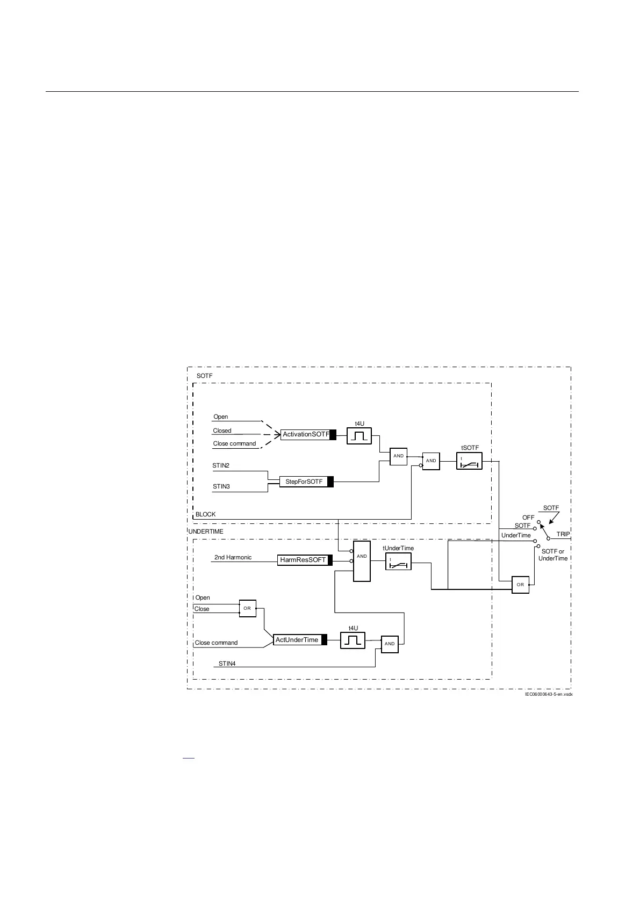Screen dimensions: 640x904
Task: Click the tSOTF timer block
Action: pyautogui.click(x=469, y=461)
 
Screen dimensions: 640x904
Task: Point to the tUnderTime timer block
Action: pyautogui.click(x=398, y=562)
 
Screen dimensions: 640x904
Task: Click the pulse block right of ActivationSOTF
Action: pyautogui.click(x=359, y=436)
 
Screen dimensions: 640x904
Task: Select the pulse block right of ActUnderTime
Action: pyautogui.click(x=353, y=640)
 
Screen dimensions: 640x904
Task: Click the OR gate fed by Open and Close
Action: pyautogui.click(x=247, y=608)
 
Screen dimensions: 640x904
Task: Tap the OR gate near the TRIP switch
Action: pyautogui.click(x=520, y=585)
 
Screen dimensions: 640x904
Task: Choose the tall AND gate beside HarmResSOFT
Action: pyautogui.click(x=362, y=561)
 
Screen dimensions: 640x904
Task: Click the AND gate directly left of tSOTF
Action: pyautogui.click(x=431, y=461)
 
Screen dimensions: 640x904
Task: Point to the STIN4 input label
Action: pyautogui.click(x=227, y=664)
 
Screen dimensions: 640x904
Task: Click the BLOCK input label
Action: pyautogui.click(x=205, y=514)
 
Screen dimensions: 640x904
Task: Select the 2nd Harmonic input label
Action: pyautogui.click(x=233, y=557)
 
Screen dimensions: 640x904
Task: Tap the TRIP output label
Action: pyautogui.click(x=563, y=534)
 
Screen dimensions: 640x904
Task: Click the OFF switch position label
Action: pyautogui.click(x=528, y=517)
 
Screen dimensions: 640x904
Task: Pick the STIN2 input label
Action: pyautogui.click(x=221, y=465)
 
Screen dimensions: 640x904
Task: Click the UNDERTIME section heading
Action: pyautogui.click(x=206, y=531)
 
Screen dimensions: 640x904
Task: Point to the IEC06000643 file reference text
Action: pyautogui.click(x=549, y=694)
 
